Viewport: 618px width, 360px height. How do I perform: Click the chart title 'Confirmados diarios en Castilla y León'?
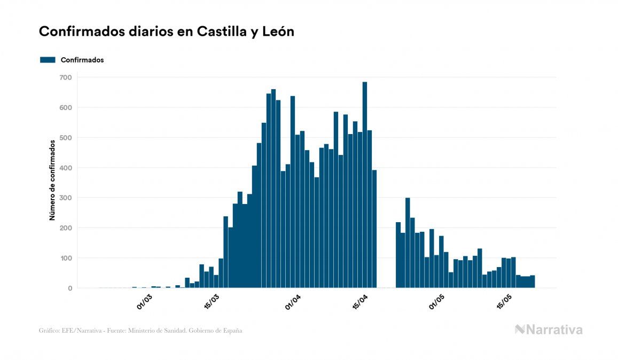167,32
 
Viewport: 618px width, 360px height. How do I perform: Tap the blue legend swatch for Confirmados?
48,60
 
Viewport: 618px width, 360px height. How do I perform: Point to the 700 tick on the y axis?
66,77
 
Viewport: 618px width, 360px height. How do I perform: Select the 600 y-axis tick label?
66,107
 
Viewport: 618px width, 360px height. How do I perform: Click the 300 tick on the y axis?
66,198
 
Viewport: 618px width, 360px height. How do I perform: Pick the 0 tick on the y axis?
69,288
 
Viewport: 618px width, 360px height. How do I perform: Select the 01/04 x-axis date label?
293,301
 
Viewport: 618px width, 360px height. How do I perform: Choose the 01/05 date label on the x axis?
437,301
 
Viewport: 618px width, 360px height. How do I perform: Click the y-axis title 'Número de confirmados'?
52,181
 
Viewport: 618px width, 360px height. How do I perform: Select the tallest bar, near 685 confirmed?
365,185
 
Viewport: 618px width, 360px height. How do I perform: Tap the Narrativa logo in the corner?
549,330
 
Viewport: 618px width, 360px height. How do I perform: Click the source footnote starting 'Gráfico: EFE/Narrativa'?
140,331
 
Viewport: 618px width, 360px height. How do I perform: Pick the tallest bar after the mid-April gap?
408,243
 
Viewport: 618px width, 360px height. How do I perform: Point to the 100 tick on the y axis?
66,259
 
